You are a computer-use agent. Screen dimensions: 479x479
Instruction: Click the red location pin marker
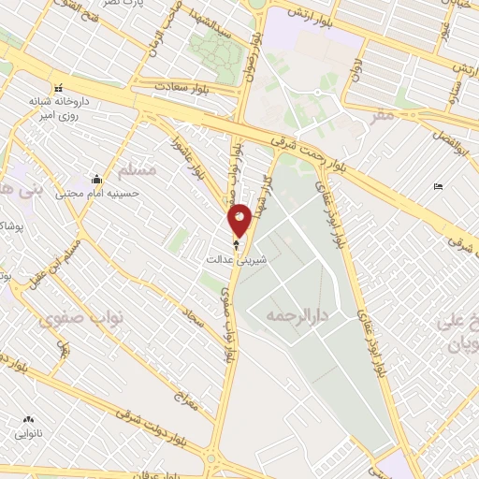click(x=240, y=219)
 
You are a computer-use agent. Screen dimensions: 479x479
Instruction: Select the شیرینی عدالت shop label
click(x=236, y=261)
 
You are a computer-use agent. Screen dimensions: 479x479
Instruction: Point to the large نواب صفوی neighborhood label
click(x=68, y=318)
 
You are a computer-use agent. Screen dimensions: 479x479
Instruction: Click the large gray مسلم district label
click(x=138, y=170)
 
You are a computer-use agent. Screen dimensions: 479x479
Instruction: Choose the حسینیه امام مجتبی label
click(x=96, y=194)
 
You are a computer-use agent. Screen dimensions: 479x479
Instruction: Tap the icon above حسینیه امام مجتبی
click(x=96, y=180)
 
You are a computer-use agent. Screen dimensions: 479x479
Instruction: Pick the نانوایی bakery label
click(x=27, y=433)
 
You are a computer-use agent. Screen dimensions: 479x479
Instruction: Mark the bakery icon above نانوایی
click(x=27, y=419)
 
